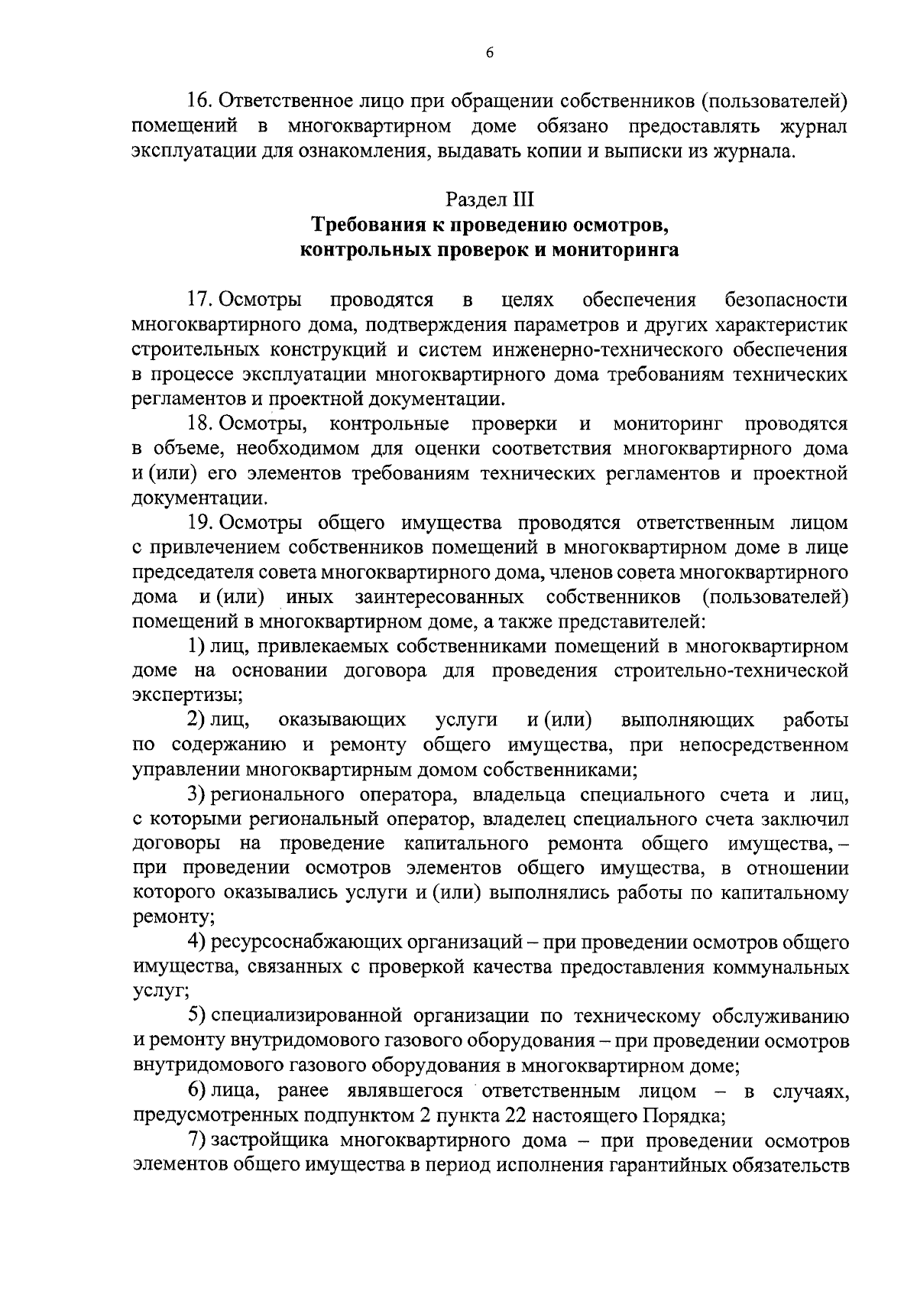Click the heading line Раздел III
(x=490, y=200)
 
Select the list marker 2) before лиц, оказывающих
(x=195, y=721)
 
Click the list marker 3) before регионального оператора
(x=195, y=795)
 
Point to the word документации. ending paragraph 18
(x=200, y=499)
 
